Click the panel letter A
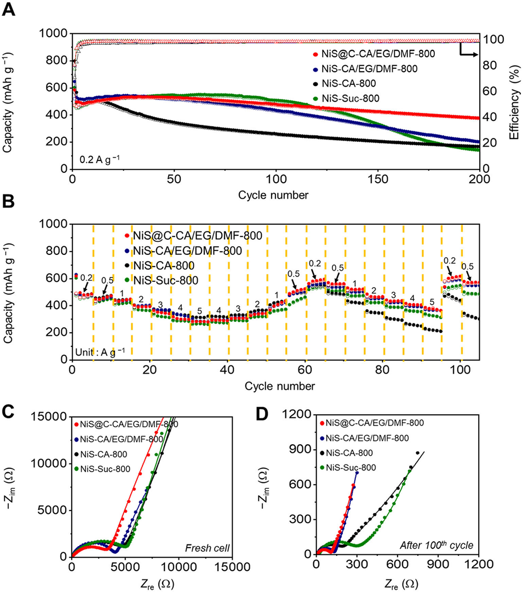(x=9, y=11)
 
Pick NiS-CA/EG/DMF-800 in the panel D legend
(x=375, y=438)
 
